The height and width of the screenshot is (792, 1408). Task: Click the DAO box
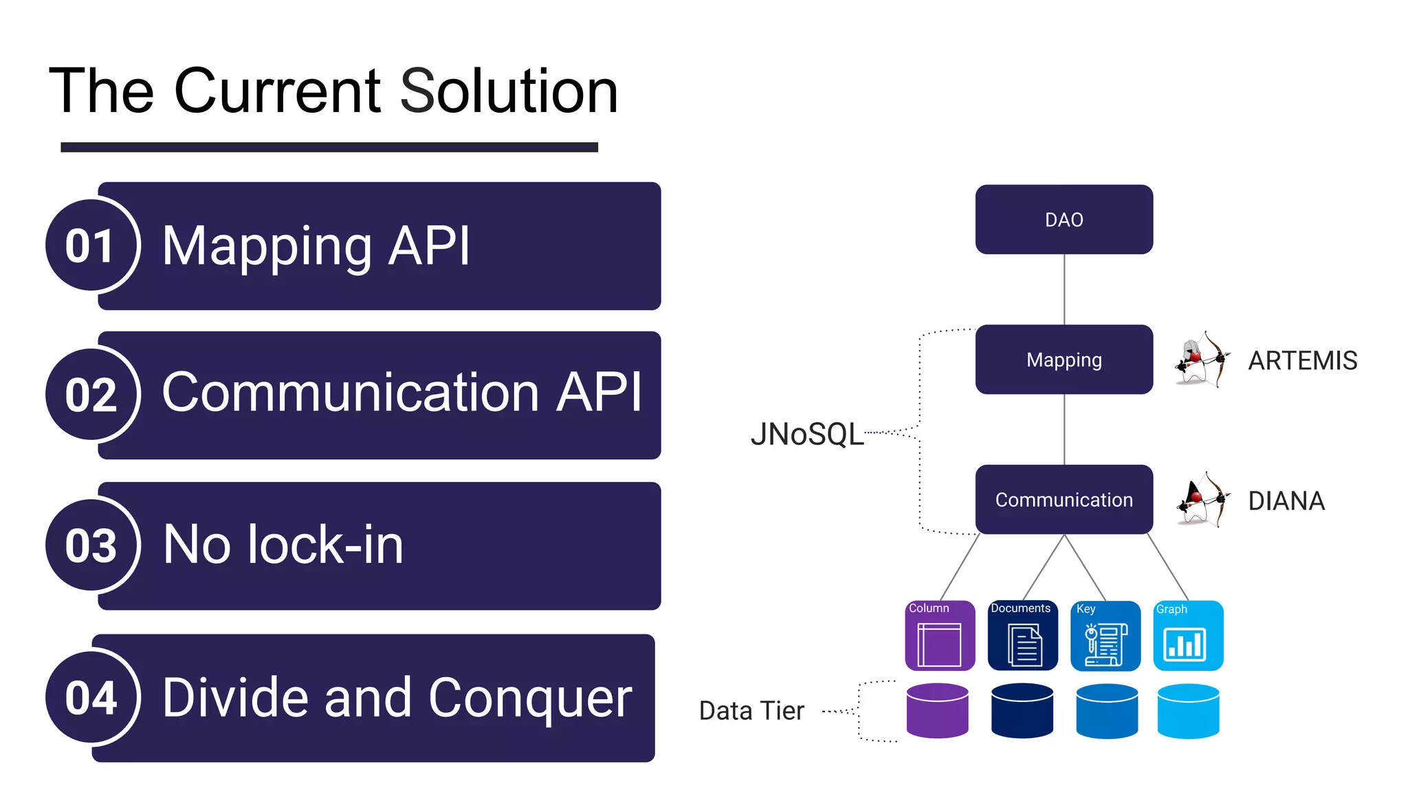point(1064,219)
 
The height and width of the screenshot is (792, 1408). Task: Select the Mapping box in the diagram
point(1064,360)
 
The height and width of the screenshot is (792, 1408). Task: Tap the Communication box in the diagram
point(1064,500)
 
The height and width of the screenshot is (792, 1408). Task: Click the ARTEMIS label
point(1302,360)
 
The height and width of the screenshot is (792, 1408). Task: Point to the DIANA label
point(1286,500)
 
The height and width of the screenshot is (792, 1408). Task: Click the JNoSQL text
point(807,434)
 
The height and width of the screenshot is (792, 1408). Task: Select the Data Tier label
point(751,711)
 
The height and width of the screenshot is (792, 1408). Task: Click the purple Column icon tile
point(940,636)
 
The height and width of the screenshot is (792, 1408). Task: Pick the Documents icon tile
point(1022,636)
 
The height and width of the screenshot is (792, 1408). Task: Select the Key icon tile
point(1105,636)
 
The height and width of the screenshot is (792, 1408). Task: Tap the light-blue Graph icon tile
point(1187,636)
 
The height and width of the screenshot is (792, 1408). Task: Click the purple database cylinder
point(937,711)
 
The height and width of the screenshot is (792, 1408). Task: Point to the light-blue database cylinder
point(1188,711)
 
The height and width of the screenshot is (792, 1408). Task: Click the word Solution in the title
point(509,91)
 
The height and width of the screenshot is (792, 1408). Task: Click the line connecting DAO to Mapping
point(1064,289)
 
